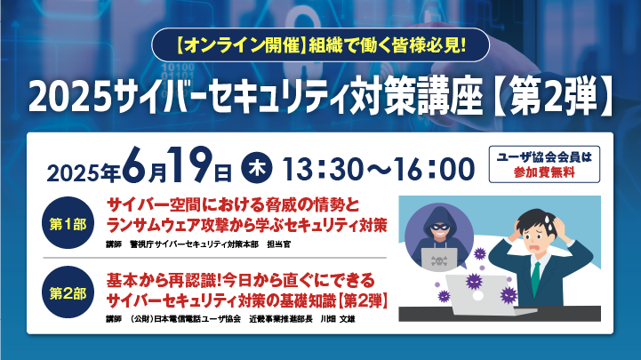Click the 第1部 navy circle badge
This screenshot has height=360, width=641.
(x=68, y=223)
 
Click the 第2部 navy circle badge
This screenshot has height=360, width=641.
(x=68, y=292)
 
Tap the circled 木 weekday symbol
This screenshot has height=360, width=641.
(x=257, y=168)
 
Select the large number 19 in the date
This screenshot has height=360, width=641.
(x=191, y=165)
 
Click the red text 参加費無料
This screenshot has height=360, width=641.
(x=544, y=172)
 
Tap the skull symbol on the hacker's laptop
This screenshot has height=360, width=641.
(x=438, y=260)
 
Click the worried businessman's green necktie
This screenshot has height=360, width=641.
(x=535, y=278)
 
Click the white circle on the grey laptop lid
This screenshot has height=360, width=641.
(x=478, y=296)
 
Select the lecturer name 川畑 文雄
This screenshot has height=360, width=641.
(x=338, y=319)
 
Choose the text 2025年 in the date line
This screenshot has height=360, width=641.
(x=84, y=172)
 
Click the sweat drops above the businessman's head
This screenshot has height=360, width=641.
(x=548, y=219)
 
